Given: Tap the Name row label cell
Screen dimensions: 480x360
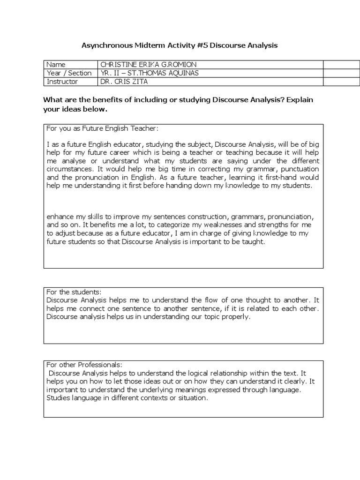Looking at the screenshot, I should click(x=69, y=65).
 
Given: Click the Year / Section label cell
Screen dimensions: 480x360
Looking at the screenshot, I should click(x=69, y=73).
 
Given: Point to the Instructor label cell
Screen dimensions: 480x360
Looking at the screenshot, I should click(x=69, y=82).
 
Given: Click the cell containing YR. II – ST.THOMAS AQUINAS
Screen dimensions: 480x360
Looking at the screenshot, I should click(x=147, y=73).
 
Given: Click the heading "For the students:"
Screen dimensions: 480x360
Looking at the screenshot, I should click(x=71, y=292).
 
